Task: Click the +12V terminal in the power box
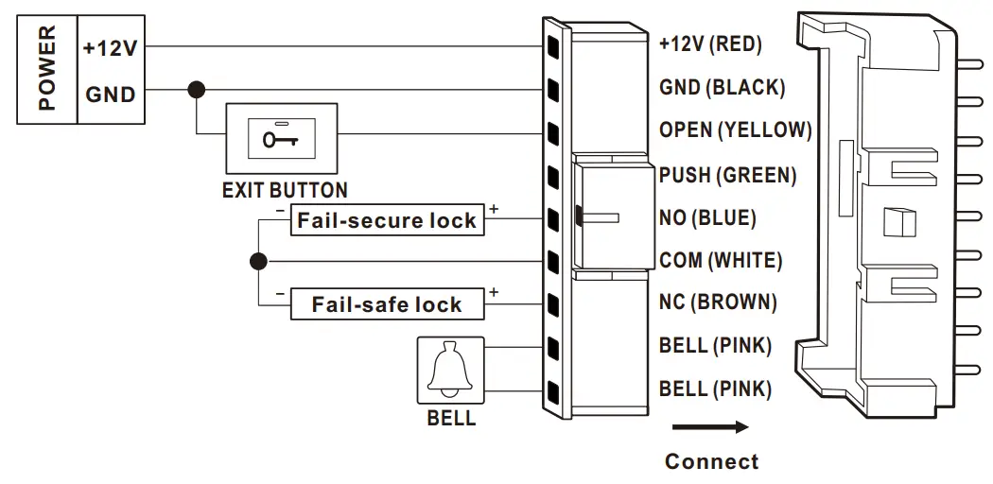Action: pos(110,47)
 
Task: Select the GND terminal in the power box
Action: pos(110,95)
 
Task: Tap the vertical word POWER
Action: pos(46,68)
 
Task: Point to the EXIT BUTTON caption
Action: pos(285,190)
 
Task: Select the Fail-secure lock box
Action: pos(387,220)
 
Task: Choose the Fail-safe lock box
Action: pos(387,304)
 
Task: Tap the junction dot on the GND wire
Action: pos(196,90)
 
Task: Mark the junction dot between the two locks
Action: pos(257,261)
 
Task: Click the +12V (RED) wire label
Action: pos(710,43)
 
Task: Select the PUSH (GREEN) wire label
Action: pos(727,175)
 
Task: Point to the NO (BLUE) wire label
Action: pos(707,217)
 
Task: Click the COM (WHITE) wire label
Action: pos(721,260)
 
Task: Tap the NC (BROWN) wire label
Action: pos(718,302)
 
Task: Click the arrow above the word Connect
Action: pos(710,427)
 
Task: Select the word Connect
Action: pos(711,461)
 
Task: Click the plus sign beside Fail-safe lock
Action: pos(494,292)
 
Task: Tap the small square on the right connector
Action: pos(894,221)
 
